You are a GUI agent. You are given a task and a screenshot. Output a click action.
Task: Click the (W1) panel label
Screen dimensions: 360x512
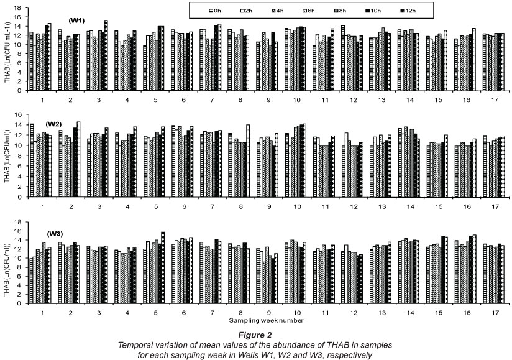tap(60, 19)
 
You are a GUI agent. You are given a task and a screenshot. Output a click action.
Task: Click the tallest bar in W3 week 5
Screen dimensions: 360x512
tap(163, 267)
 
